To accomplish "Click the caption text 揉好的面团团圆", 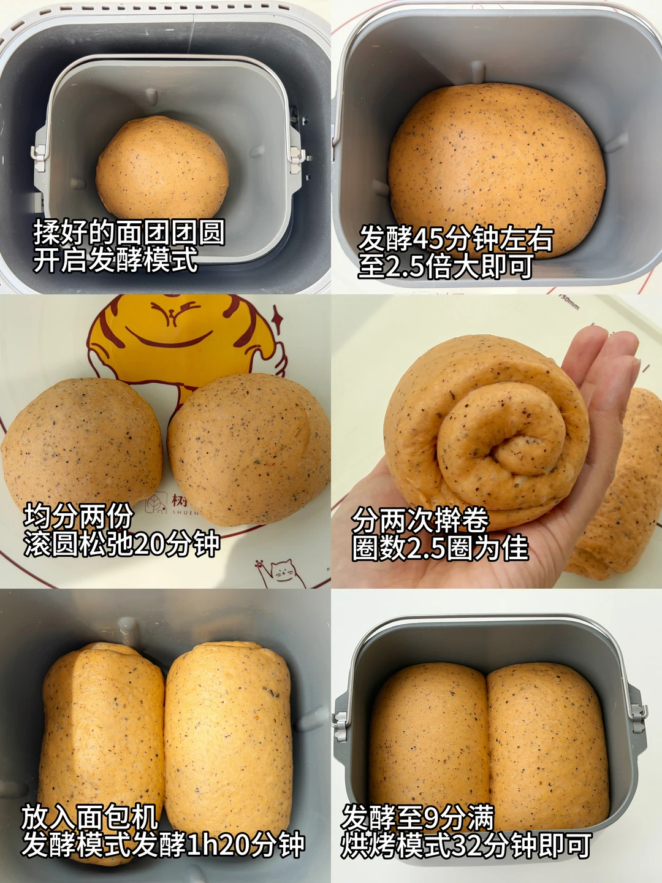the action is pyautogui.click(x=129, y=232).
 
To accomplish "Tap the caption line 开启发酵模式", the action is pyautogui.click(x=116, y=260).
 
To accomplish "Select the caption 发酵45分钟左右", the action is pyautogui.click(x=455, y=239).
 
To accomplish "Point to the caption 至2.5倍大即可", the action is pyautogui.click(x=446, y=266).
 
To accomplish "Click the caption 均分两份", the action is pyautogui.click(x=78, y=516).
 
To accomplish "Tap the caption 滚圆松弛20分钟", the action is pyautogui.click(x=122, y=544).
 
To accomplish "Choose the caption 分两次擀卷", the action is pyautogui.click(x=420, y=521).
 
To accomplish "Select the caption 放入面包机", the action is pyautogui.click(x=89, y=817).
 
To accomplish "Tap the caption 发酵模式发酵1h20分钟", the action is pyautogui.click(x=163, y=845).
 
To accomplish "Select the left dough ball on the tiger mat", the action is pyautogui.click(x=82, y=443).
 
